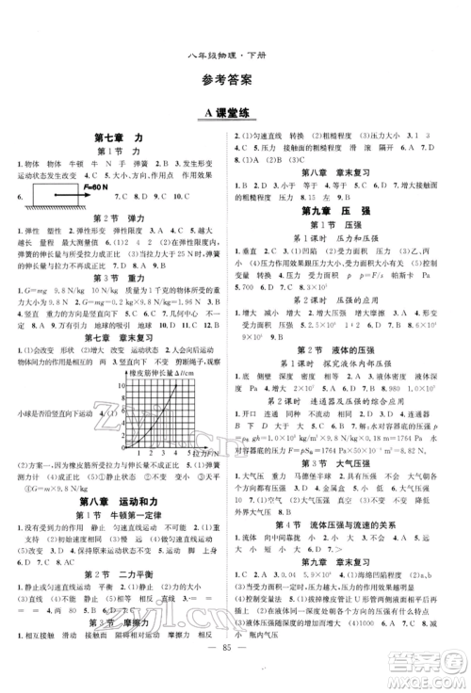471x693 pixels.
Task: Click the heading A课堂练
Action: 234,113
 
